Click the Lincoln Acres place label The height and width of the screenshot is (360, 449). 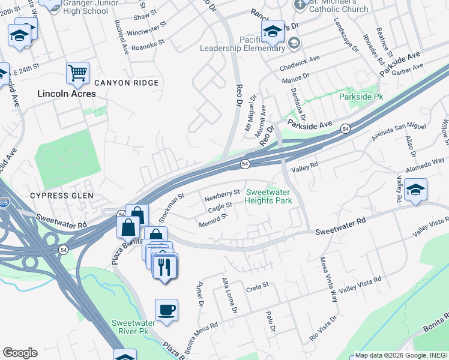[66, 94]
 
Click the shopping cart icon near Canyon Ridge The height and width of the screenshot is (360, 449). [78, 73]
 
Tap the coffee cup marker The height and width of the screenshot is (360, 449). [166, 310]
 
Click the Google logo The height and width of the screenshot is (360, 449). [20, 353]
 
